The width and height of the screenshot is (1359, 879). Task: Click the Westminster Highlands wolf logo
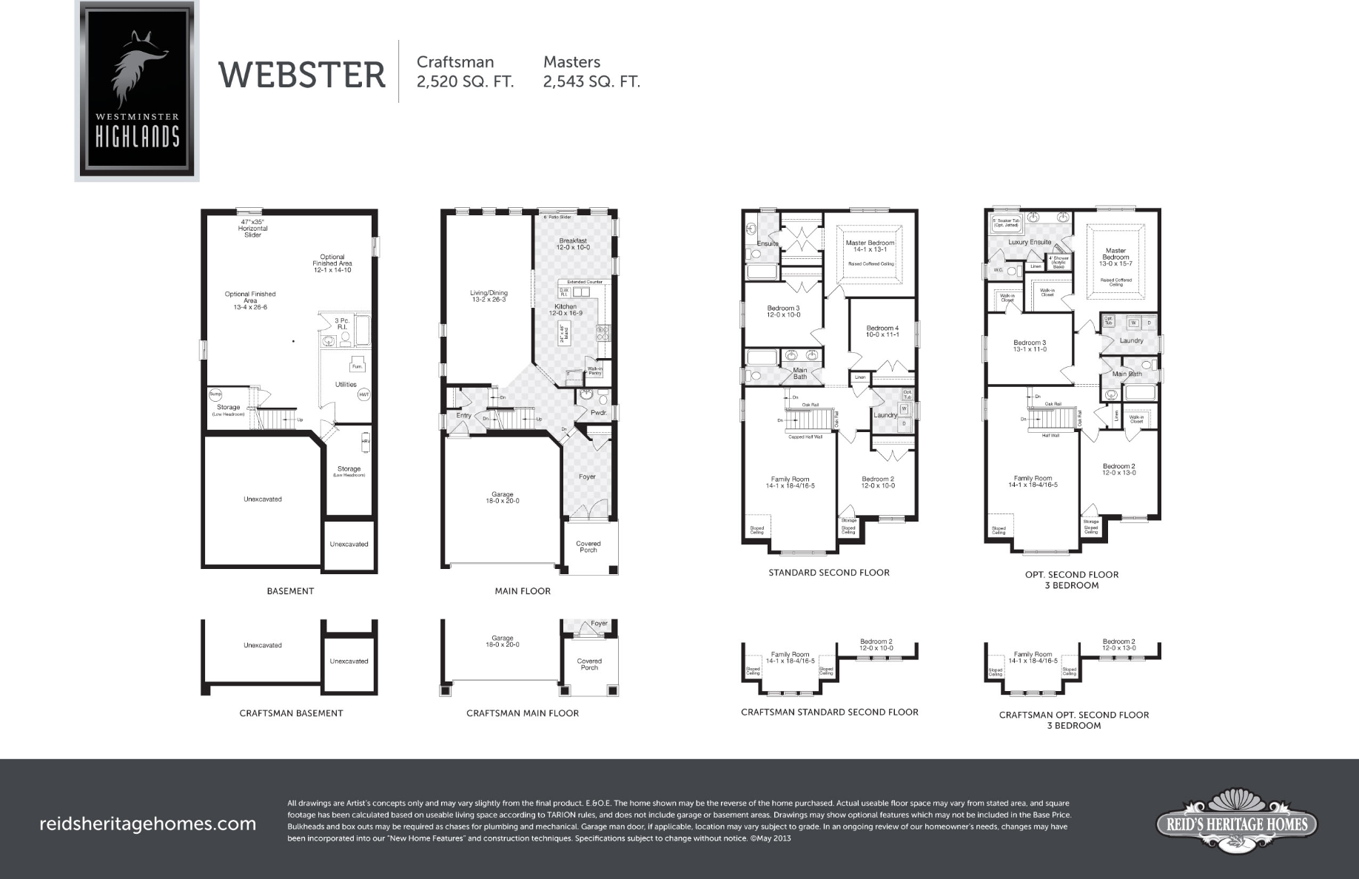coord(137,90)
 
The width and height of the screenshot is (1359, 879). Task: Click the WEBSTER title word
coord(302,75)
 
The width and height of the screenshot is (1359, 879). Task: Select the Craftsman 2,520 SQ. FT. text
coord(465,72)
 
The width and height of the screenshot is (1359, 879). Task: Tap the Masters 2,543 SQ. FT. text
coord(591,72)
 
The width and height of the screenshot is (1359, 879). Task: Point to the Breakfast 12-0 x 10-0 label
coord(573,244)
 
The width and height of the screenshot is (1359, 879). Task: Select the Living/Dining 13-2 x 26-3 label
coord(489,296)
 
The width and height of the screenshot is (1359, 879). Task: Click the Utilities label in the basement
coord(346,385)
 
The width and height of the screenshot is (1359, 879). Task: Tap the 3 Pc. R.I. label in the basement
coord(342,323)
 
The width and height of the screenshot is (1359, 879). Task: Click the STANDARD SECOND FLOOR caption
coord(829,573)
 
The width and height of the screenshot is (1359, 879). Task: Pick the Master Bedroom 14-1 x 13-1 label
coord(870,246)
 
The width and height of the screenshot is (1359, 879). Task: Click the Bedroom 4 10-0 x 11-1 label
coord(882,331)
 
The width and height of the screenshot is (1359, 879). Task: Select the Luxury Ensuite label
coord(1030,242)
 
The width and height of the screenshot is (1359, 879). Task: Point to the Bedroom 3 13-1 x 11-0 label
coord(1030,346)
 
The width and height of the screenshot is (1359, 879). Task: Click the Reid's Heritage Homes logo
coord(1237,824)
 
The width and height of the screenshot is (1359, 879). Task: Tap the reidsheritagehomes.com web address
coord(147,824)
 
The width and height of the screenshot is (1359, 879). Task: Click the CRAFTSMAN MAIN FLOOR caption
coord(523,713)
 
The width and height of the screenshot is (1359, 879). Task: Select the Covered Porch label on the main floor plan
coord(588,547)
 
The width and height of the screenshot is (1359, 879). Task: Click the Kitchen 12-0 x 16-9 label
coord(566,310)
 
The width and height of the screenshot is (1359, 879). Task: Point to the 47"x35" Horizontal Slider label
coord(252,228)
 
